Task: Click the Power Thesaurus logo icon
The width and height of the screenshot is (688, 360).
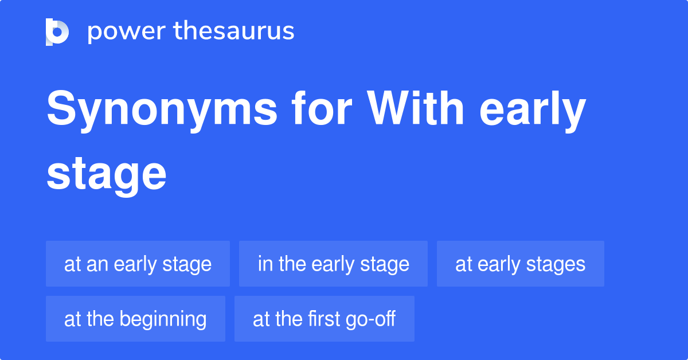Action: [57, 32]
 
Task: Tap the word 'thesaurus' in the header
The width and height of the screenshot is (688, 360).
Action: [234, 32]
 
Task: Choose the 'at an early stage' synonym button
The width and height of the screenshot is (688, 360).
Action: [138, 264]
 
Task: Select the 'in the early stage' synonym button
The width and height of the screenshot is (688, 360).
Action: [333, 264]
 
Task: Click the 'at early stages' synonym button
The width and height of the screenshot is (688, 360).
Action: [520, 264]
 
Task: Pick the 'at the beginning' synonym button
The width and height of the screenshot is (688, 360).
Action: [135, 319]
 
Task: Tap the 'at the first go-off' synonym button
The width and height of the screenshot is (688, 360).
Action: [324, 319]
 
